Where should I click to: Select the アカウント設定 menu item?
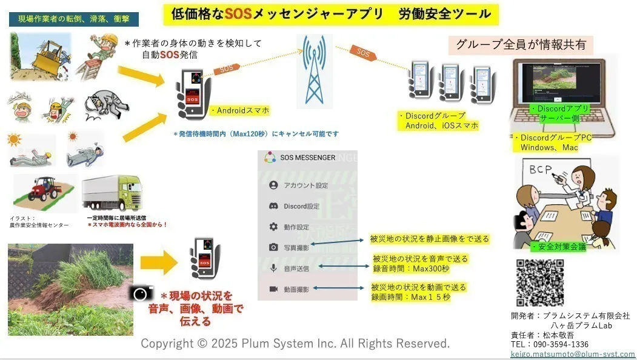point(305,185)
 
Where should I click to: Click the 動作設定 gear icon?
point(273,227)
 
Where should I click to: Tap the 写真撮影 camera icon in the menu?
point(273,247)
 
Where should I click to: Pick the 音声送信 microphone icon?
point(273,268)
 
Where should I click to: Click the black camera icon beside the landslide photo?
point(141,293)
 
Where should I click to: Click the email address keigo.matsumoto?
point(573,354)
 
